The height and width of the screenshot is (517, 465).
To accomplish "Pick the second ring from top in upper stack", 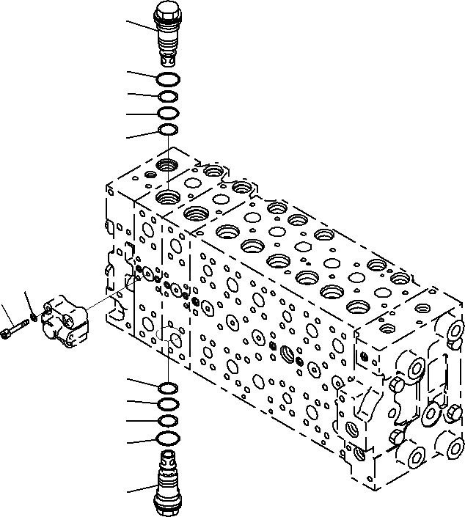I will pyautogui.click(x=167, y=96).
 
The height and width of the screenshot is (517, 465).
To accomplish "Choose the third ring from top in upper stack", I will pyautogui.click(x=167, y=114).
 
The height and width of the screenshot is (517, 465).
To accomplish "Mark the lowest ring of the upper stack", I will pyautogui.click(x=167, y=131).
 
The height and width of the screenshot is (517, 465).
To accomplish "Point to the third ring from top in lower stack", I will pyautogui.click(x=167, y=421).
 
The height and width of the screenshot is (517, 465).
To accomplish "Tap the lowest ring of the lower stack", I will pyautogui.click(x=167, y=439).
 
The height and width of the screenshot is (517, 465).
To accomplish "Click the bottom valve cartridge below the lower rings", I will pyautogui.click(x=167, y=480).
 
